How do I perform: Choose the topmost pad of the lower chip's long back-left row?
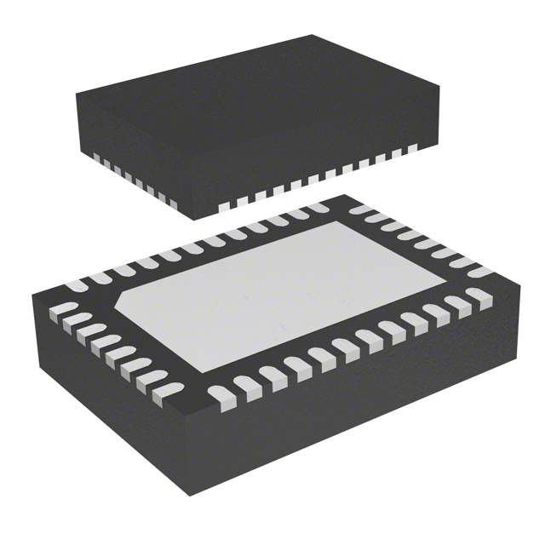tap(318, 208)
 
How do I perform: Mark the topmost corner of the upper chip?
tap(312, 36)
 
